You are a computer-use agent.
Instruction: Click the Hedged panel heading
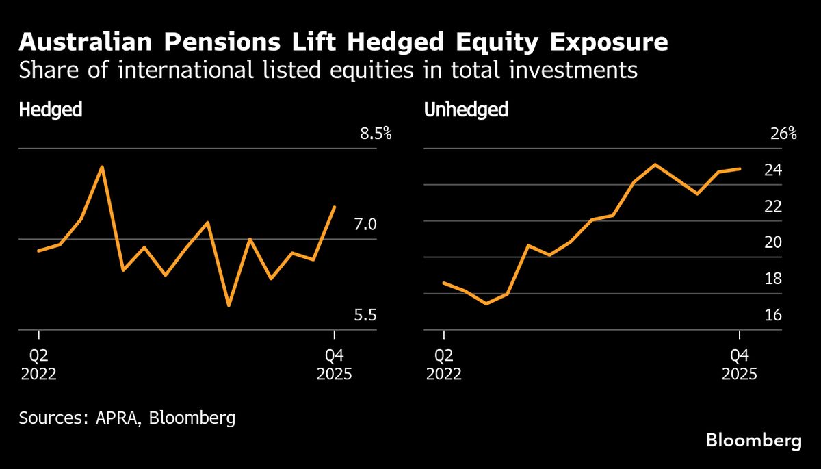point(51,110)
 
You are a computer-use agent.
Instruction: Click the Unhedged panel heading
point(466,110)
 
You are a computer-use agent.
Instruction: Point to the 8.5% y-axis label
point(376,134)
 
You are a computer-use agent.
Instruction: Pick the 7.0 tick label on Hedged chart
point(365,225)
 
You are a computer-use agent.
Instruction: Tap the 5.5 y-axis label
point(365,316)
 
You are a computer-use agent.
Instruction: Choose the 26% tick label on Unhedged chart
point(783,134)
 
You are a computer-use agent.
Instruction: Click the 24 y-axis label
point(773,170)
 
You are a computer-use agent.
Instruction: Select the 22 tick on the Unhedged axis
point(773,206)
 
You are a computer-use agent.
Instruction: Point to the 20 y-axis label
point(773,242)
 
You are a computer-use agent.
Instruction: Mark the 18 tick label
point(773,279)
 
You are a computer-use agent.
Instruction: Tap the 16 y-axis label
point(773,316)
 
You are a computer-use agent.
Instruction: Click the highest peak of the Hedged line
point(102,166)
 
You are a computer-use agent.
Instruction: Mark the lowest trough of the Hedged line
point(229,305)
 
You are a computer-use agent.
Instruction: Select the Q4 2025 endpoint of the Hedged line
point(334,207)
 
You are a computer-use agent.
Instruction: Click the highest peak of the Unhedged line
point(655,164)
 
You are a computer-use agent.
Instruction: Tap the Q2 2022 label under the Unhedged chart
point(444,365)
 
